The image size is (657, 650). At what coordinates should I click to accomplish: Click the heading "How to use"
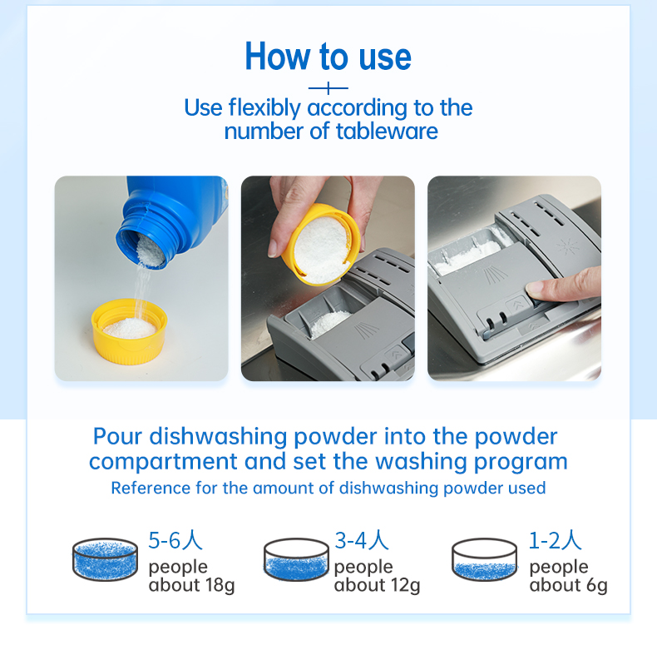(x=328, y=57)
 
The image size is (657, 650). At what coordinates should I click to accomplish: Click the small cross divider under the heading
(x=328, y=87)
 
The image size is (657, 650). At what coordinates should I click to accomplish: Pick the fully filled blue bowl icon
(x=105, y=558)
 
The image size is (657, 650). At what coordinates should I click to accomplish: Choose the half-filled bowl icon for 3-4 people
(x=296, y=558)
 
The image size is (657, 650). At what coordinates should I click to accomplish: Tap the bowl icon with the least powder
(x=484, y=560)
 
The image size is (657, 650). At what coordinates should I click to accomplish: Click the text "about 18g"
(x=191, y=585)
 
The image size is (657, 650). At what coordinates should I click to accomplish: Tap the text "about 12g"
(x=377, y=585)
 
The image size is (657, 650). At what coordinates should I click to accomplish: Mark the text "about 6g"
(x=568, y=585)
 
